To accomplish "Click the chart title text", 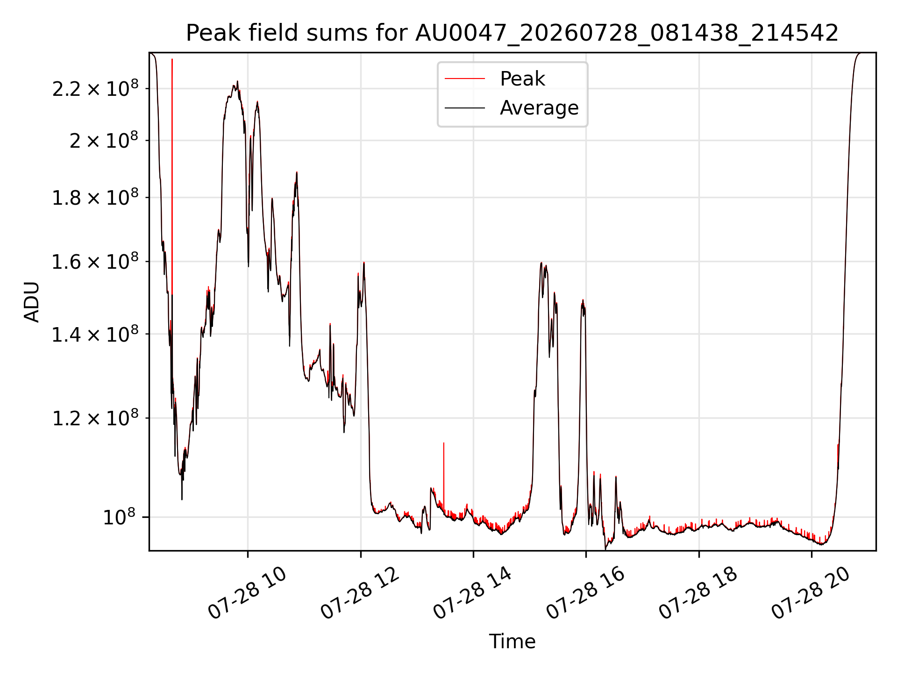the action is pyautogui.click(x=512, y=33).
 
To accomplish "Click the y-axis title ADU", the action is pyautogui.click(x=32, y=302).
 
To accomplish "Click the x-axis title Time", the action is pyautogui.click(x=512, y=641).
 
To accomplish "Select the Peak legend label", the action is pyautogui.click(x=522, y=79).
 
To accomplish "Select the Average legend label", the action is pyautogui.click(x=539, y=108).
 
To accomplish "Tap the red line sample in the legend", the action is pyautogui.click(x=465, y=79).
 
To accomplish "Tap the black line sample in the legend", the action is pyautogui.click(x=465, y=108).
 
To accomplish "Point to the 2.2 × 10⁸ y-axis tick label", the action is pyautogui.click(x=95, y=88).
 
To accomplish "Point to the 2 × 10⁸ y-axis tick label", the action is pyautogui.click(x=104, y=140).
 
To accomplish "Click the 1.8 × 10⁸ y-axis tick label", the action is pyautogui.click(x=95, y=197).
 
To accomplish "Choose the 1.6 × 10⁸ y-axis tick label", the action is pyautogui.click(x=95, y=262).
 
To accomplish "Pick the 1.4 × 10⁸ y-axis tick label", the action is pyautogui.click(x=95, y=334).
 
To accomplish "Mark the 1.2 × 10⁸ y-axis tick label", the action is pyautogui.click(x=95, y=418).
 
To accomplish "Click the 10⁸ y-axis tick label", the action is pyautogui.click(x=119, y=517).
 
